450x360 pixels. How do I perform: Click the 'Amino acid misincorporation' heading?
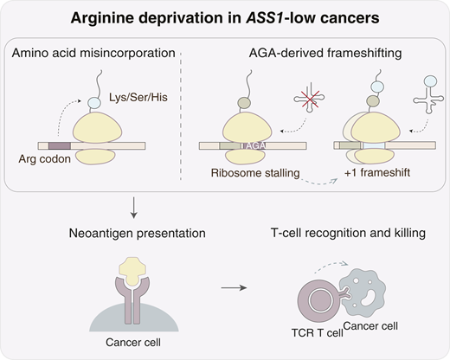[93, 53]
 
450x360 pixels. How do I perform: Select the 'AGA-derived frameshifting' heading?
[325, 53]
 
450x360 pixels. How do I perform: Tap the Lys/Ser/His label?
[138, 97]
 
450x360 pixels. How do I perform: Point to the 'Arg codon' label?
[45, 159]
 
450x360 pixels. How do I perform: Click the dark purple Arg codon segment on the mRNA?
[60, 145]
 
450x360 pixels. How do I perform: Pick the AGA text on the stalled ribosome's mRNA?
[255, 145]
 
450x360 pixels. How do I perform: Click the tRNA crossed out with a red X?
[309, 99]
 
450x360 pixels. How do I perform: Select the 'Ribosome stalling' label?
[255, 173]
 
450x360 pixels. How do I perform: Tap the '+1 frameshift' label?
[377, 172]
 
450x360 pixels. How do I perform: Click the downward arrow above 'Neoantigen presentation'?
[133, 208]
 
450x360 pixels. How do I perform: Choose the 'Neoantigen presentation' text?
[138, 233]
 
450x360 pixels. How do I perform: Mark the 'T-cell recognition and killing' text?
[348, 233]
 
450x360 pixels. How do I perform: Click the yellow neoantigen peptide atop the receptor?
[132, 271]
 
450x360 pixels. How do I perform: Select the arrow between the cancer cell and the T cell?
[234, 287]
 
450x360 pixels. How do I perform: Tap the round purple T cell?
[318, 300]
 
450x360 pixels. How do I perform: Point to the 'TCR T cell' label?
[318, 333]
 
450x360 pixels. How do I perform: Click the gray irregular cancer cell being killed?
[364, 293]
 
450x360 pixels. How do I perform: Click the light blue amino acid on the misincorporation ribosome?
[94, 103]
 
